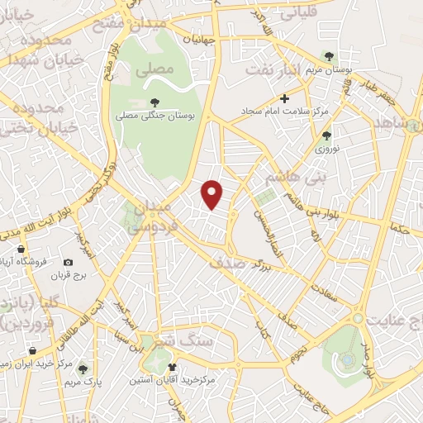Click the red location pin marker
213,193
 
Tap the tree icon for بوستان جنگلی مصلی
154,102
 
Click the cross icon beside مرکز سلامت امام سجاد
284,98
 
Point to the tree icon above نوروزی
326,135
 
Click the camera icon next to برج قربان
68,263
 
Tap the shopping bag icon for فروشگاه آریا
20,250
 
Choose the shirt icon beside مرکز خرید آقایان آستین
172,367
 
